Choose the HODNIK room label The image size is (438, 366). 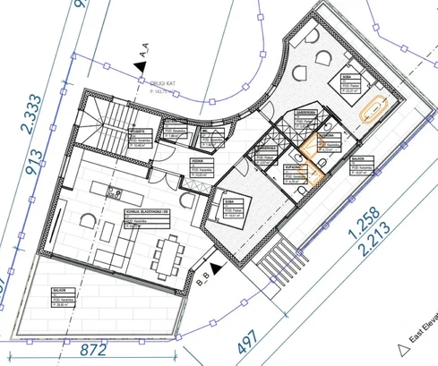click(194, 163)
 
